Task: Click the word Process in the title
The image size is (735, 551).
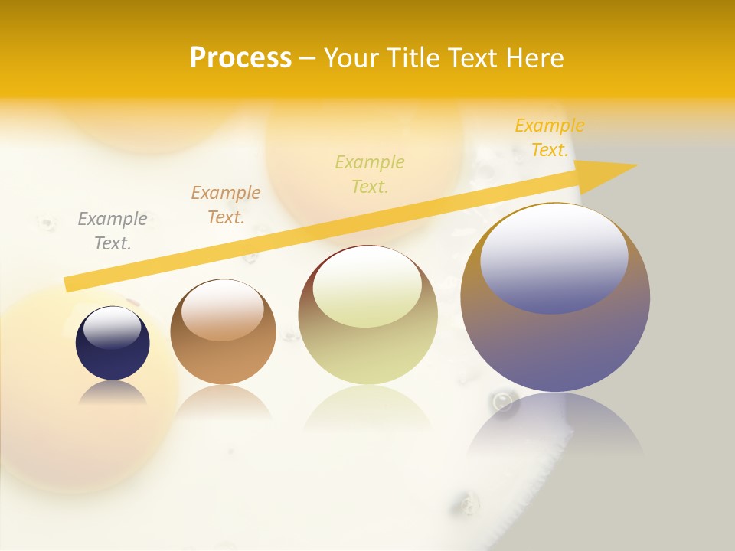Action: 240,58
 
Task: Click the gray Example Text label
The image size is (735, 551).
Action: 113,231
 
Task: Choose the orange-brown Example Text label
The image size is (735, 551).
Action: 226,205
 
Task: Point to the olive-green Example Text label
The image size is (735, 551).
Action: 370,174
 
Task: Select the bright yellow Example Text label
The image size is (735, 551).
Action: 550,138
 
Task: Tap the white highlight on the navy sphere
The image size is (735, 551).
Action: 113,327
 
